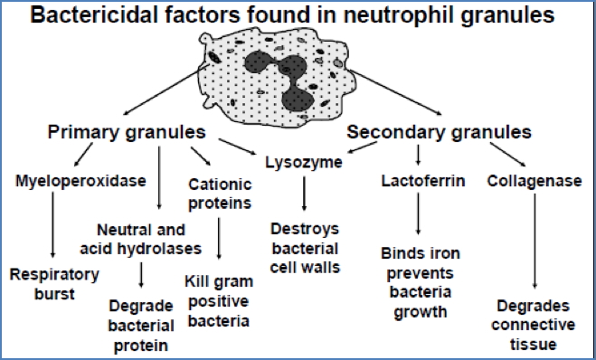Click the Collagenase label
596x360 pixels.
click(534, 181)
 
